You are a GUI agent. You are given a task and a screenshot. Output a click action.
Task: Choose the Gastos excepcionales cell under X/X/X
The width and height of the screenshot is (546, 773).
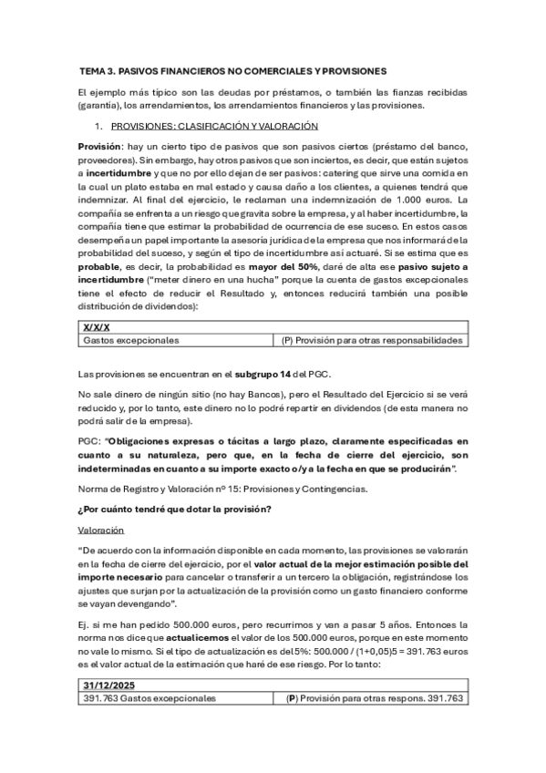130,340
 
